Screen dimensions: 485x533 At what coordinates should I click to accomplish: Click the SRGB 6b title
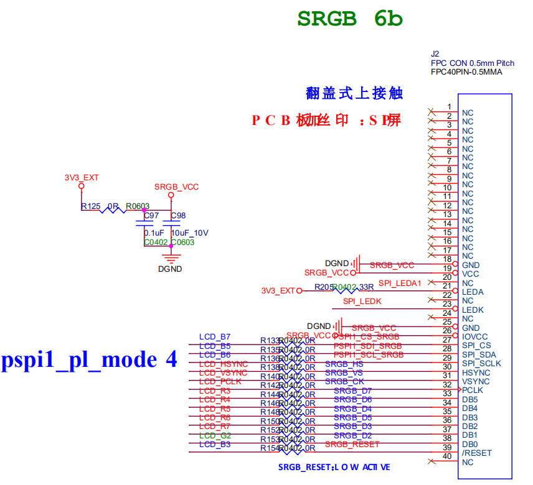tap(350, 19)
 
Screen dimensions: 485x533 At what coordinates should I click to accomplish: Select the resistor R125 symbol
tap(113, 210)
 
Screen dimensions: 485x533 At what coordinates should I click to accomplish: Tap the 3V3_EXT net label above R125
tap(82, 177)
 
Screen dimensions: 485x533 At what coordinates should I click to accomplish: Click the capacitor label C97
tap(151, 216)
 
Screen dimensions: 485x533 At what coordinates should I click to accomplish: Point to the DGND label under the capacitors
tap(170, 269)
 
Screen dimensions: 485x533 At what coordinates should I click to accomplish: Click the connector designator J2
tap(435, 54)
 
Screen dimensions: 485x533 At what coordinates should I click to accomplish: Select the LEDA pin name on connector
tap(473, 292)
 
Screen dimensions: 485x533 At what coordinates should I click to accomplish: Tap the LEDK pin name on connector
tap(473, 310)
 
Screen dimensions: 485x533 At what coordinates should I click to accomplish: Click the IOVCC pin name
tap(474, 336)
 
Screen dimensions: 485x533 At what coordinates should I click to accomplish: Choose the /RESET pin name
tap(476, 453)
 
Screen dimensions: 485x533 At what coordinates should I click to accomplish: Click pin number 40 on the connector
tap(446, 456)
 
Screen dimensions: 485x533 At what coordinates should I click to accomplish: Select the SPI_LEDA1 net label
tap(400, 283)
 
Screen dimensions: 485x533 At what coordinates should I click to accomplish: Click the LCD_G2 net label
tap(215, 435)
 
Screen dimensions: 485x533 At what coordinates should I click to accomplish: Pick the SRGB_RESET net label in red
tap(352, 444)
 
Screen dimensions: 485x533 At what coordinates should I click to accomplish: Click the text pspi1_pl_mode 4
tap(89, 359)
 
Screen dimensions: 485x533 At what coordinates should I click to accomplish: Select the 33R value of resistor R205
tap(366, 287)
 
